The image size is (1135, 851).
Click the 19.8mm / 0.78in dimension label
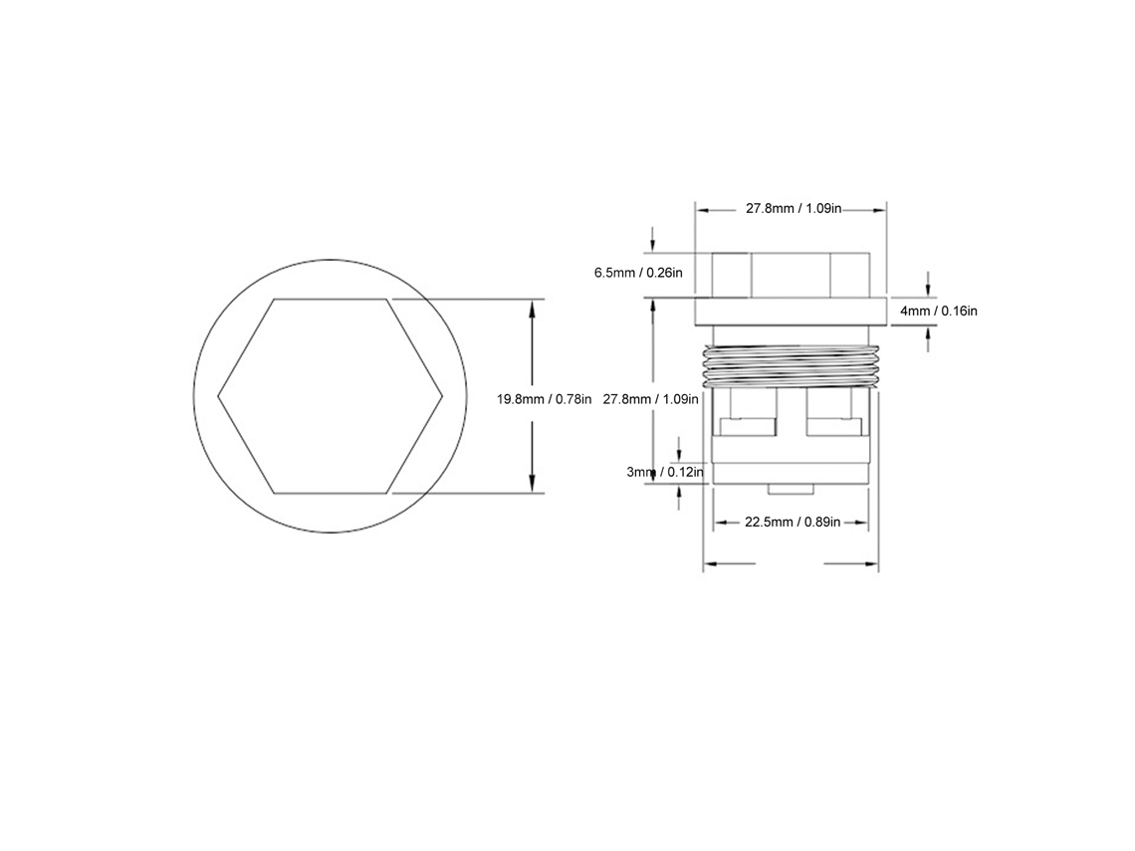tap(544, 399)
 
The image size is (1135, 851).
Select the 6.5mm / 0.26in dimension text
tap(638, 273)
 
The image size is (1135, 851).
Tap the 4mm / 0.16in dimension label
tap(939, 312)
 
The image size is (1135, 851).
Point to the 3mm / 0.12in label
tap(665, 473)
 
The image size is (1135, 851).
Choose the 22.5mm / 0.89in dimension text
tap(793, 522)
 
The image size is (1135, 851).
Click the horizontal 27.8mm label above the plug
tap(794, 209)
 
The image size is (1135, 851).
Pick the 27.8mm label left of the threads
tap(651, 399)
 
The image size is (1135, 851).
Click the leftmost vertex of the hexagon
tap(218, 396)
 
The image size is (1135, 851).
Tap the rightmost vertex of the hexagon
tap(442, 396)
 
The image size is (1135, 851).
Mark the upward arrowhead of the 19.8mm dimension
tap(532, 308)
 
